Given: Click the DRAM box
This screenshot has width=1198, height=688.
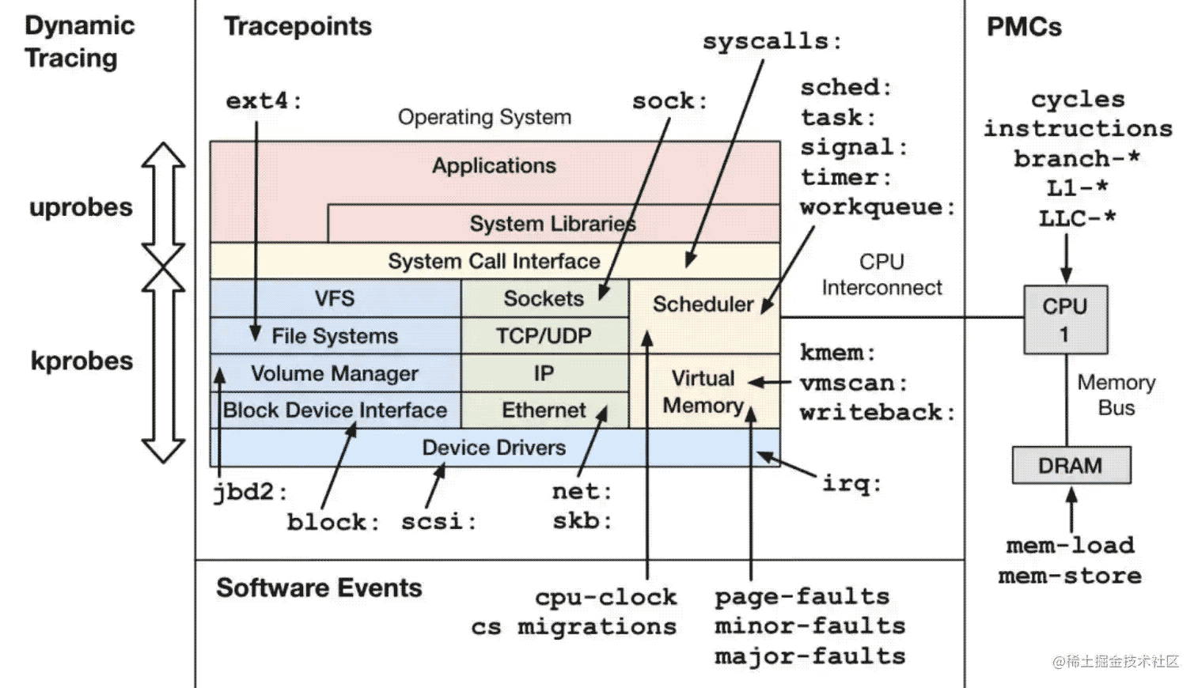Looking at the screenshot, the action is (x=1071, y=465).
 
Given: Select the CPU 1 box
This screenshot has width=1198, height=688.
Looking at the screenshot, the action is (x=1065, y=319).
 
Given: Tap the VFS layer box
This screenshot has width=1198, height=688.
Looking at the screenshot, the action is (x=336, y=298).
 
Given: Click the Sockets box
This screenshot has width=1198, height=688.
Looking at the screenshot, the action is (x=544, y=298).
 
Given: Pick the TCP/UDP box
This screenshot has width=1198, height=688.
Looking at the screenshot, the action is (x=544, y=336).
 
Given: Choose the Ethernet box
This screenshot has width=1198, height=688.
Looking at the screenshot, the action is (x=544, y=410).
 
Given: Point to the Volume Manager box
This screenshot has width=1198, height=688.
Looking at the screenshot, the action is (x=336, y=373).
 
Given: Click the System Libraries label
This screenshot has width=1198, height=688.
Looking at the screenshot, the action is (x=553, y=224).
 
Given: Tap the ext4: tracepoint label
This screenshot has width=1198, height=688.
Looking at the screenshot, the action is (x=263, y=100).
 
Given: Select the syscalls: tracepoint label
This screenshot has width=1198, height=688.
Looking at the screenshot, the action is (x=772, y=41).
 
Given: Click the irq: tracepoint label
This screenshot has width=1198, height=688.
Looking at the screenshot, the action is (x=851, y=484).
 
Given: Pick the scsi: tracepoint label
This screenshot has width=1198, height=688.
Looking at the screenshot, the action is (x=438, y=521).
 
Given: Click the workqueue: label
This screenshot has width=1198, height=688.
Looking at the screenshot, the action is (x=878, y=208).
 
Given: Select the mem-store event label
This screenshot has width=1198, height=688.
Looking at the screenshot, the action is (x=1070, y=576).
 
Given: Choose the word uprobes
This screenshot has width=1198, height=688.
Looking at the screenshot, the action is (x=81, y=207).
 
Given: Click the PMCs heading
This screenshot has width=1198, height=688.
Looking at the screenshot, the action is (x=1024, y=27).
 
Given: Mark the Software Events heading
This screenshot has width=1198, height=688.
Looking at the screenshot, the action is (x=320, y=588).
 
